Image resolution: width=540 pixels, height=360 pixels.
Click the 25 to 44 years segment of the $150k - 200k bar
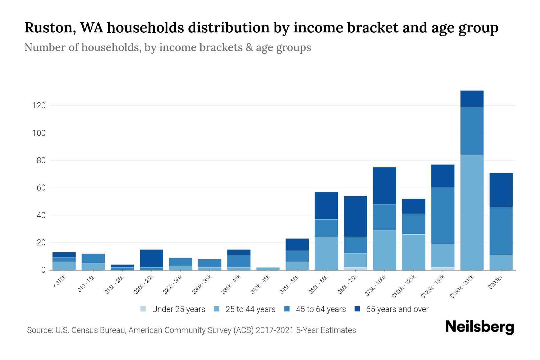tap(472, 212)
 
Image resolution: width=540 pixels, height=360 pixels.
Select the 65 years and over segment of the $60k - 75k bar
tap(355, 216)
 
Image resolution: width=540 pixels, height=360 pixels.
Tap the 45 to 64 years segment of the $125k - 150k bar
tap(443, 216)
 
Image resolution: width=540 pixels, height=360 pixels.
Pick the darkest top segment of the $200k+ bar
tap(501, 190)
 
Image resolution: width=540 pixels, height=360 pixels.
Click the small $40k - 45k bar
tap(268, 268)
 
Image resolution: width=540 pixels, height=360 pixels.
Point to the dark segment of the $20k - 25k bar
tap(151, 258)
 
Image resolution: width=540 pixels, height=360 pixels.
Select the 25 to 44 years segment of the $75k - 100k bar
tap(384, 250)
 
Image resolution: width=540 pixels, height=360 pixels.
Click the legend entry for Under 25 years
tap(178, 309)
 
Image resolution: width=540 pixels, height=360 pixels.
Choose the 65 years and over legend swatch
tap(357, 309)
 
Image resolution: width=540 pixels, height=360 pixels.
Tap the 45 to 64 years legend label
tap(321, 309)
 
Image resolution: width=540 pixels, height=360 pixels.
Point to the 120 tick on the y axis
tap(39, 106)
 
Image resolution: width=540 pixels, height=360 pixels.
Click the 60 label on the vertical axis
tap(41, 188)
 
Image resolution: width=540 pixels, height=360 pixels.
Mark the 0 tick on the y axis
tap(43, 270)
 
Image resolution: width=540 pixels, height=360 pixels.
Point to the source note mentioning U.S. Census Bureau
tap(191, 330)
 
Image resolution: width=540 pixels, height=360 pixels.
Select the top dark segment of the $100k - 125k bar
tap(413, 206)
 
